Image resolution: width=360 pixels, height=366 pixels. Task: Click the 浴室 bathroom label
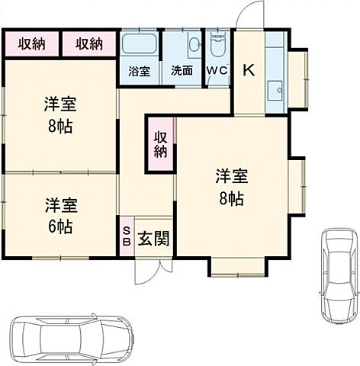[139, 71]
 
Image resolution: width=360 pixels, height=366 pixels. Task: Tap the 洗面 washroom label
[182, 71]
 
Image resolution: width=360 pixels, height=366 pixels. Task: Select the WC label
[217, 71]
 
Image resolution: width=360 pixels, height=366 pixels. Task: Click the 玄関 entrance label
[153, 239]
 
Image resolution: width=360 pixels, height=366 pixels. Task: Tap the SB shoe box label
[126, 236]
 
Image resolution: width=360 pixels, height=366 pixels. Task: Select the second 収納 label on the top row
[89, 44]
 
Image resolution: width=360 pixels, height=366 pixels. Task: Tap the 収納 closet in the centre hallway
[160, 144]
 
